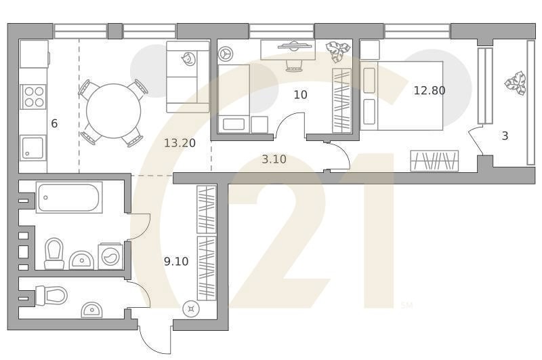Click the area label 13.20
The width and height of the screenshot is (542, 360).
coord(180,142)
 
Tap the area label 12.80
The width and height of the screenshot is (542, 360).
coord(429,89)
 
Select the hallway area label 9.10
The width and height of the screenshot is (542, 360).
coord(176,260)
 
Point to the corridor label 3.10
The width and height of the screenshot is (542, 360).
coord(274,159)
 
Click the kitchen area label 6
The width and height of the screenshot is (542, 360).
coord(54,123)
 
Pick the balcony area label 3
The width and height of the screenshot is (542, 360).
coord(505,136)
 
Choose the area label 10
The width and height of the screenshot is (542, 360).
coord(300,94)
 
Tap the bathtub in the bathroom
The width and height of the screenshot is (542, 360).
coord(68,198)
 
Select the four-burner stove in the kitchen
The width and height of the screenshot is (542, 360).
coord(33,96)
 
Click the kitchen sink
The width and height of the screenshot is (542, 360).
coord(33,147)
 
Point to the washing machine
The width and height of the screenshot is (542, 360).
coord(110,256)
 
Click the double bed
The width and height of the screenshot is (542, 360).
coord(402,95)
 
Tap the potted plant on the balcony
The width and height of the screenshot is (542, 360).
coord(515,83)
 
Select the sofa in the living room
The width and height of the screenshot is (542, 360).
coord(188,76)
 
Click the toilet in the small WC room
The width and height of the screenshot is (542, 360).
coord(52,296)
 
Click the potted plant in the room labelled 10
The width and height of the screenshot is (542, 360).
coord(336,52)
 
